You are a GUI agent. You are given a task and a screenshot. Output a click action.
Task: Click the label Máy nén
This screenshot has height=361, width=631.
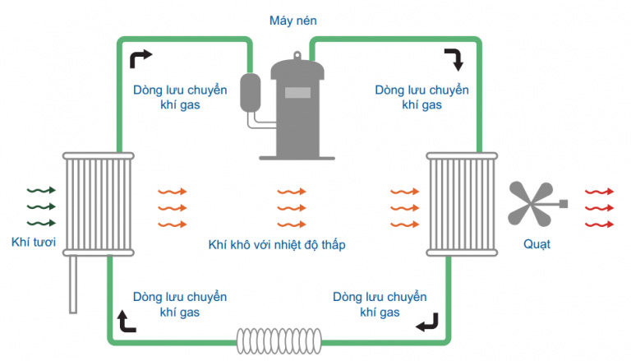click(292, 19)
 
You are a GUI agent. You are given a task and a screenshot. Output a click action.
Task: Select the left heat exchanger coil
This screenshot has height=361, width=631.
click(98, 204)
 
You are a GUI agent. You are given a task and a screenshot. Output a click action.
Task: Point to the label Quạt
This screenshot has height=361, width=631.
click(537, 244)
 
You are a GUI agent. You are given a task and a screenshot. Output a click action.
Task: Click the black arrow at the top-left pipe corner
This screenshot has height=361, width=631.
click(140, 58)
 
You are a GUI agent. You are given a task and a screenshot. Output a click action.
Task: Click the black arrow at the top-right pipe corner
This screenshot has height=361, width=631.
click(454, 58)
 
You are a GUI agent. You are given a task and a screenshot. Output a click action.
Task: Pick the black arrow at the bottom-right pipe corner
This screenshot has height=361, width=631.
click(426, 323)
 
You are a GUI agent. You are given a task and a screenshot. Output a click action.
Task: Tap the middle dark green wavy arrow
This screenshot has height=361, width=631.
click(41, 206)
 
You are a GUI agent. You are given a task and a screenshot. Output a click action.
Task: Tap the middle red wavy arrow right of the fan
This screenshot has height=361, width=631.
click(598, 207)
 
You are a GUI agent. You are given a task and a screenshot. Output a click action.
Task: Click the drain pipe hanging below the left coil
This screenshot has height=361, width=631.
click(73, 284)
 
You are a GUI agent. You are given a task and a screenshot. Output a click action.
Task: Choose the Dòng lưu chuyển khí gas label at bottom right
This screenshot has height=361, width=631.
click(379, 304)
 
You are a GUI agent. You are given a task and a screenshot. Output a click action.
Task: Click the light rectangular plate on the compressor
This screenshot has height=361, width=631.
click(297, 92)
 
